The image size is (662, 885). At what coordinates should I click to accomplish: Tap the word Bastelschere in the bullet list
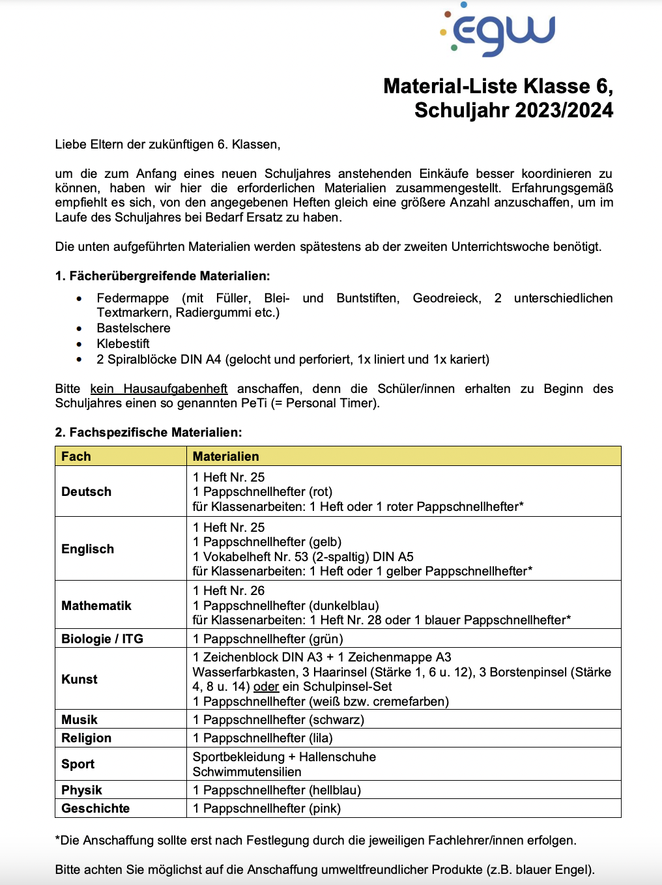[134, 328]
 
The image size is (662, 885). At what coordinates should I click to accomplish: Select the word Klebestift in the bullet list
[123, 343]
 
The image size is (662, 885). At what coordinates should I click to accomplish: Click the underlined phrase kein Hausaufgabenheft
[159, 388]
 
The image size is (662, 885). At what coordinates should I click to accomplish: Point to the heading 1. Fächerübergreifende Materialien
[162, 276]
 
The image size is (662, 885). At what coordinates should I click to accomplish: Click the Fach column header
[76, 456]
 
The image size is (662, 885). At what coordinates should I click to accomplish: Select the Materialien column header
[226, 456]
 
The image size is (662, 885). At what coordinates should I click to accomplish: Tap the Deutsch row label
[87, 491]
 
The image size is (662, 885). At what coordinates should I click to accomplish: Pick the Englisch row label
[88, 549]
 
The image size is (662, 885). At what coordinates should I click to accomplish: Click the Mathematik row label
[96, 605]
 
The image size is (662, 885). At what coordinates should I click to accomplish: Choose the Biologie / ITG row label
[102, 639]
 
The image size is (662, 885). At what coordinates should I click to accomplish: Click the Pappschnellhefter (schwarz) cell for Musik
[278, 719]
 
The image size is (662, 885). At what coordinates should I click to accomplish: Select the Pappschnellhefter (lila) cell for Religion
[263, 738]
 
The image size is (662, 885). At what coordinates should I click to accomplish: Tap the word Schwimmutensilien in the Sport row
[247, 772]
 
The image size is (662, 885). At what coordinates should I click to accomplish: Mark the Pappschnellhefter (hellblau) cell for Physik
[277, 790]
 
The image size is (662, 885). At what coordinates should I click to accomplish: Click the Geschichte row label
[96, 808]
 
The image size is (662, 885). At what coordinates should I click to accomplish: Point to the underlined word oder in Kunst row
[266, 686]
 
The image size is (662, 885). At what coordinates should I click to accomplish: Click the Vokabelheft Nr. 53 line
[303, 557]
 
